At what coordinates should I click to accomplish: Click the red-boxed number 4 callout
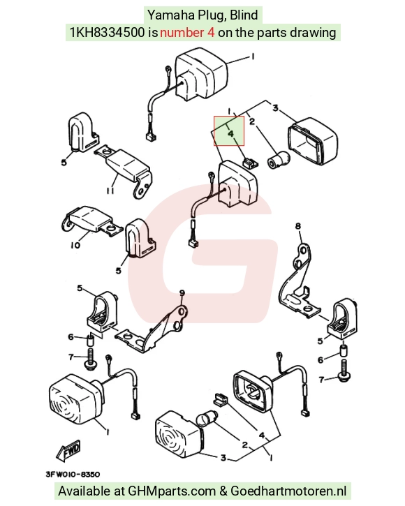pos(230,133)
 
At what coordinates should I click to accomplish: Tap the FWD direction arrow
pos(69,450)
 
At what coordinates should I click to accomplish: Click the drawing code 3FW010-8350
pos(73,475)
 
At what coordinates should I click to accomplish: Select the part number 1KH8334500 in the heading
pos(108,32)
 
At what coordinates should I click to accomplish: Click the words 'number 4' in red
pos(187,32)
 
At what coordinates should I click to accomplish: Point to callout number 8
pos(297,226)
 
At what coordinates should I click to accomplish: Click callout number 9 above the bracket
pos(182,293)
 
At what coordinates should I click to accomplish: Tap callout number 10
pos(75,245)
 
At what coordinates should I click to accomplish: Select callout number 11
pos(110,191)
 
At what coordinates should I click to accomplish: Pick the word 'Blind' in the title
pos(244,15)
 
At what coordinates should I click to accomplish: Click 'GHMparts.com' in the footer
pos(172,491)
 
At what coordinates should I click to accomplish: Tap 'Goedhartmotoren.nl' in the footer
pos(288,491)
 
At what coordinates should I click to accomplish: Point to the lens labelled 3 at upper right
pos(313,141)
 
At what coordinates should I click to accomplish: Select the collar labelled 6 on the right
pos(344,350)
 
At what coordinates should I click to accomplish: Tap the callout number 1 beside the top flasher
pos(253,57)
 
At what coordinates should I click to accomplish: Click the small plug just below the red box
pos(250,163)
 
